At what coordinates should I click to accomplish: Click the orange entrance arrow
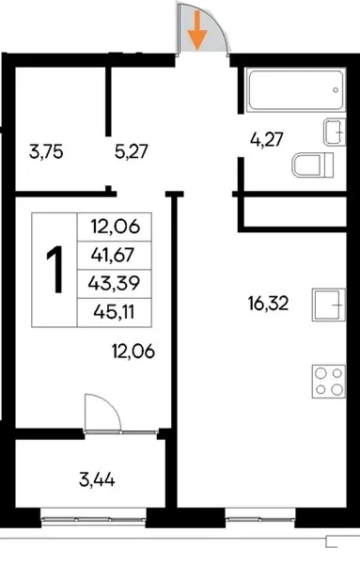(x=197, y=31)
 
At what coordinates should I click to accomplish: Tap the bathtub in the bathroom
(x=296, y=90)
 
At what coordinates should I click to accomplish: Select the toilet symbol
(x=313, y=165)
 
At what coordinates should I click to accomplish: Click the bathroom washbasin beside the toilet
(x=335, y=132)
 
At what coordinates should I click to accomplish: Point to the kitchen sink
(x=329, y=305)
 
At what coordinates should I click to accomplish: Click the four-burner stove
(x=329, y=382)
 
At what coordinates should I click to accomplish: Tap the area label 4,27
(x=267, y=139)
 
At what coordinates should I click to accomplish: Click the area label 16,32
(x=268, y=304)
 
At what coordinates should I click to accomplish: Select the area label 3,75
(x=46, y=151)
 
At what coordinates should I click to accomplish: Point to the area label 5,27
(x=132, y=151)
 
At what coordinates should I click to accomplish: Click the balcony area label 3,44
(x=97, y=479)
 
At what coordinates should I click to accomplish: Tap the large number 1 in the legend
(x=55, y=269)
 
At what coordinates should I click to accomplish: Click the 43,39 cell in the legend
(x=114, y=284)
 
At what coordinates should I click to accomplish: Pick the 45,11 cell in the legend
(x=114, y=312)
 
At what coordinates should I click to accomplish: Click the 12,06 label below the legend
(x=133, y=351)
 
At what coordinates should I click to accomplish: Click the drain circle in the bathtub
(x=336, y=90)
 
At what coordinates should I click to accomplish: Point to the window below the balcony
(x=93, y=519)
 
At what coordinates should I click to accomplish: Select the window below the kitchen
(x=260, y=519)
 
